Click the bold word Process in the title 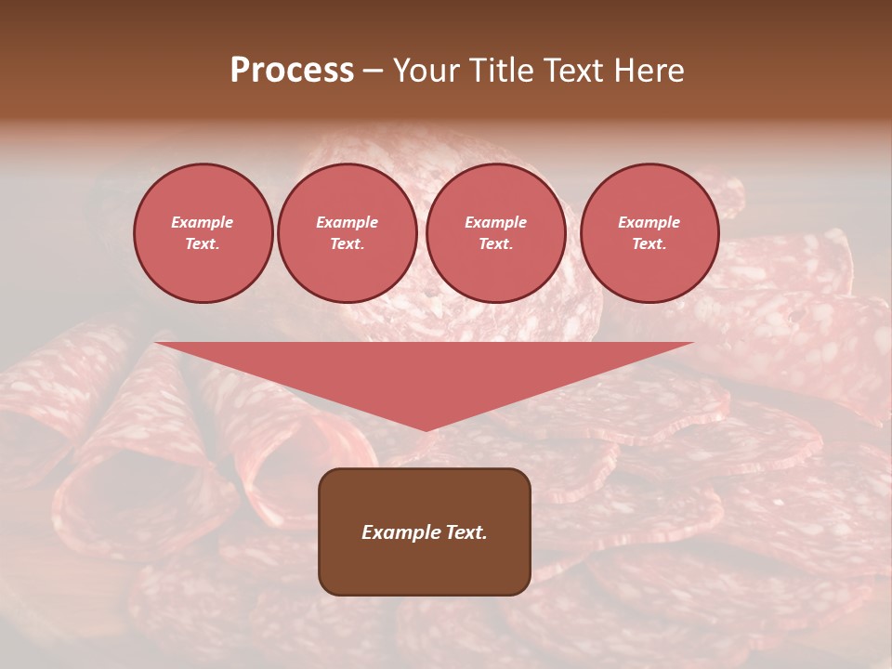tap(292, 71)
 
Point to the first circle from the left tap(203, 233)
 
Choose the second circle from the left tap(347, 233)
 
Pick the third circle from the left tap(495, 233)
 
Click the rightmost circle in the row tap(649, 233)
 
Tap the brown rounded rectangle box tap(425, 531)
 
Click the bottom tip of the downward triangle tap(426, 429)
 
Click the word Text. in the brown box tap(466, 532)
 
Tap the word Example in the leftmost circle tap(203, 222)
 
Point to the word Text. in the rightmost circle tap(649, 243)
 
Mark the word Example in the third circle tap(495, 222)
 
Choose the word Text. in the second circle tap(347, 243)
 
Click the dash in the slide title tap(374, 72)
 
